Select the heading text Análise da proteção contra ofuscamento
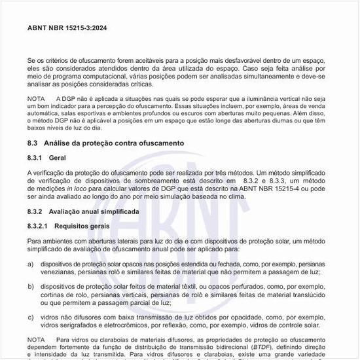coord(113,143)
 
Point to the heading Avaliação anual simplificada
coord(94,212)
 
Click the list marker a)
coord(31,263)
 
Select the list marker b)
coord(31,286)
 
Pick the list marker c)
coord(31,317)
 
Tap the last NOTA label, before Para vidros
coord(36,340)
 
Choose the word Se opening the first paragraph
coord(31,60)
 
